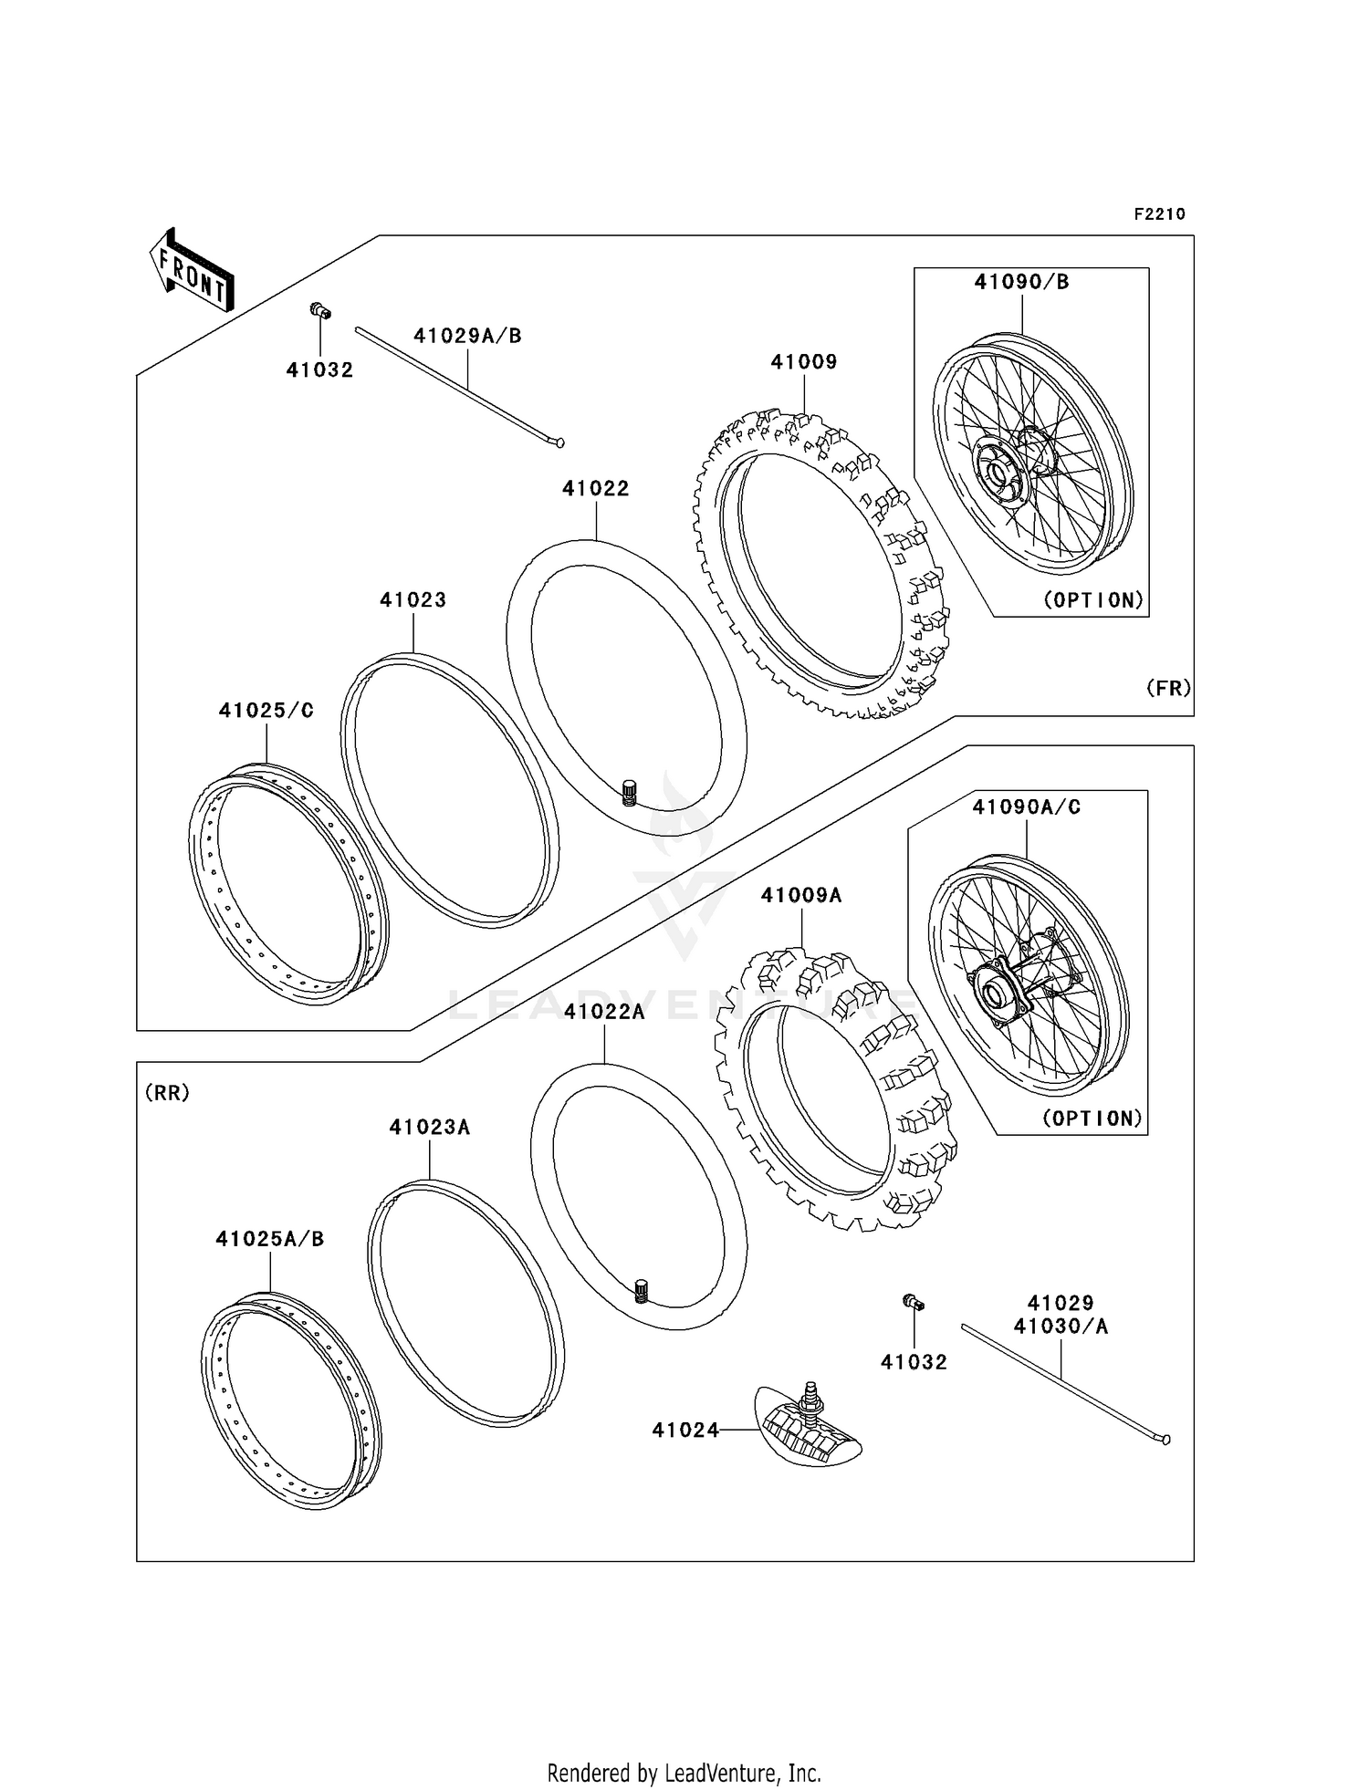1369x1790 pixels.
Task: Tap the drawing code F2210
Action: [x=1159, y=214]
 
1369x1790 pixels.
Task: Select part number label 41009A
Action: [x=801, y=895]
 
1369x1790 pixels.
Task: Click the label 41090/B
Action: [x=1021, y=282]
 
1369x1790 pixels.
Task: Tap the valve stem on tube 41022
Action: [x=628, y=791]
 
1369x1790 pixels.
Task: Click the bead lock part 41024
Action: [x=808, y=1432]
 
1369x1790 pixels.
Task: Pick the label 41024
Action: [x=685, y=1431]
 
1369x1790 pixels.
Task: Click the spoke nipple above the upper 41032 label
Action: [x=319, y=312]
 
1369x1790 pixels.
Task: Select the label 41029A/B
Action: [x=467, y=336]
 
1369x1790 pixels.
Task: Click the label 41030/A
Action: [x=1061, y=1327]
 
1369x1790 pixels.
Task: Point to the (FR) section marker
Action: [x=1168, y=688]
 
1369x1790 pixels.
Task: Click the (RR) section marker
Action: [x=167, y=1092]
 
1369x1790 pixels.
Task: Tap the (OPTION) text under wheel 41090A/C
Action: [x=1092, y=1119]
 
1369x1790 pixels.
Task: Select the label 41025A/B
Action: [x=270, y=1239]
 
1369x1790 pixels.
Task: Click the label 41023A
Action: [x=429, y=1128]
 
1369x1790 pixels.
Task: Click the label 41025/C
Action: [x=266, y=711]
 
